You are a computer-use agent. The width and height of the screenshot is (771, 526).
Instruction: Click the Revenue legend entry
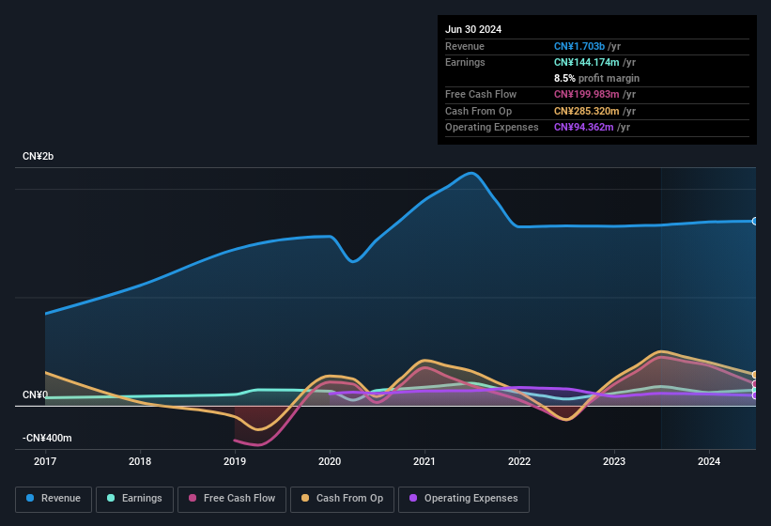coord(54,498)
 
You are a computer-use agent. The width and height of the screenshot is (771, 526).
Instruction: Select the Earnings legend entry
coord(134,498)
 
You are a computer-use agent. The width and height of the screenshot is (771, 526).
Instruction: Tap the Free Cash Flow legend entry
coord(234,498)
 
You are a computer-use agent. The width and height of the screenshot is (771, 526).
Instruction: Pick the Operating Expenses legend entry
coord(463,498)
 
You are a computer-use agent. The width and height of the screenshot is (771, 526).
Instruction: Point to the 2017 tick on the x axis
coord(45,461)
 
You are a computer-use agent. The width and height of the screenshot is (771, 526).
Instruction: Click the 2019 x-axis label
coord(235,461)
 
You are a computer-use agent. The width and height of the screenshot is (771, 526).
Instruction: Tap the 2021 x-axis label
coord(424,461)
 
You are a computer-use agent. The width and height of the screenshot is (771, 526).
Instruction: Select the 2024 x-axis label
coord(709,461)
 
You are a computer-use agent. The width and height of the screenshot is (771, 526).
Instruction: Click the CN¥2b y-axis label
coord(39,156)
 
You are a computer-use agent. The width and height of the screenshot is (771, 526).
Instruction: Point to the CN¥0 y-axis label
coord(35,394)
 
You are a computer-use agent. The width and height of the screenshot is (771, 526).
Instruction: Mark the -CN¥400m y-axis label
coord(47,438)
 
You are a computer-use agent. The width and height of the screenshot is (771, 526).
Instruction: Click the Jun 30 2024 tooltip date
coord(473,29)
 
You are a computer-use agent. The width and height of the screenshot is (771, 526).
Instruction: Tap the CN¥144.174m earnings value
coord(585,62)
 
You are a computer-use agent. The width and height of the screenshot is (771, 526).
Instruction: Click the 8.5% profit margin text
coord(596,78)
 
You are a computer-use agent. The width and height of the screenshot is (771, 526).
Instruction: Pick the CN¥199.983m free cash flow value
coord(585,94)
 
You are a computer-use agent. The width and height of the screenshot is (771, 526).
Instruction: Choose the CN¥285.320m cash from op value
coord(585,111)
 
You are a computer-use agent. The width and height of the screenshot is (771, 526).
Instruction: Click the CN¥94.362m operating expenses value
coord(582,127)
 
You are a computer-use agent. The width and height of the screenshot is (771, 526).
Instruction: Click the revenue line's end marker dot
coord(755,222)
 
